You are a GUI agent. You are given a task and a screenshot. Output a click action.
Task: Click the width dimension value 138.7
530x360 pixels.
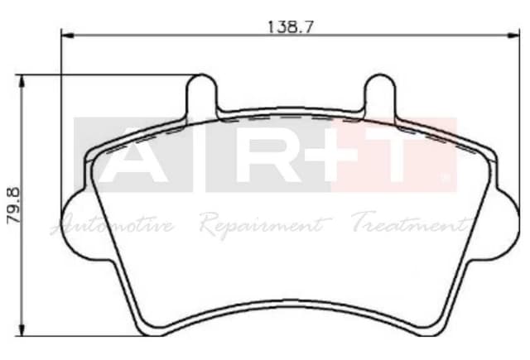(290, 26)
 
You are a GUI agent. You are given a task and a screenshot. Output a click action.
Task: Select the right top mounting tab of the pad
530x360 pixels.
(381, 94)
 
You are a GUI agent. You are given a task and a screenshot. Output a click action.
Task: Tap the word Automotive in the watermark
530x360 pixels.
(113, 224)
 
